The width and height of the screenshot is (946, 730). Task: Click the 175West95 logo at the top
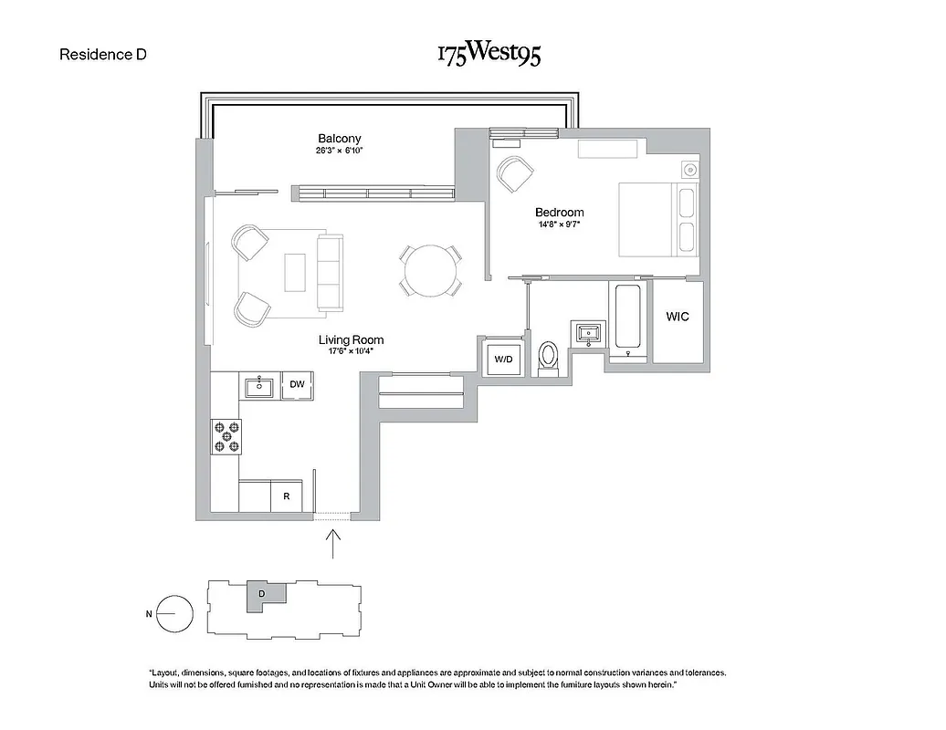489,54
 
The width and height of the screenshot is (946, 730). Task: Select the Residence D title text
103,54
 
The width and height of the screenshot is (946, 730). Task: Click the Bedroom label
559,213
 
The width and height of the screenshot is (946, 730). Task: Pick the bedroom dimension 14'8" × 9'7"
559,224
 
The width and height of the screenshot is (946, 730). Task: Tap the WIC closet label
677,317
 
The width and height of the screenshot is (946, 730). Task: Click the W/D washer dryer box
504,359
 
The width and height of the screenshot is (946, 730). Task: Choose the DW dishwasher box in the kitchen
297,385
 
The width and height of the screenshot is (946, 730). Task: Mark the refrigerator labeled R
287,497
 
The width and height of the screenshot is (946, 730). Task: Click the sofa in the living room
329,271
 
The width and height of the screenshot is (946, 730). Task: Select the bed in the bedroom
657,220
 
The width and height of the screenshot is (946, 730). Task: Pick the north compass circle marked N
174,614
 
